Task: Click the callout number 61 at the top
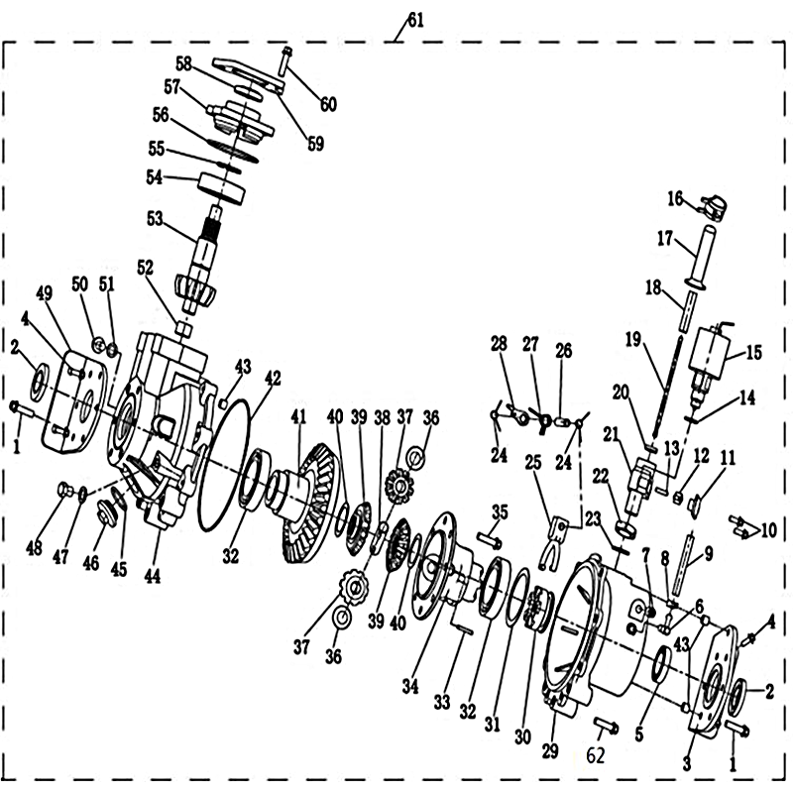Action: tap(415, 21)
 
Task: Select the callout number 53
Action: tap(156, 219)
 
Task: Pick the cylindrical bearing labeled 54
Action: tap(221, 187)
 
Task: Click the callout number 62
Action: tap(596, 756)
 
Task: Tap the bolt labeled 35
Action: tap(489, 539)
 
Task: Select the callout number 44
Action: tap(153, 575)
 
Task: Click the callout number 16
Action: tap(675, 198)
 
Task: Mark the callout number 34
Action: tap(410, 686)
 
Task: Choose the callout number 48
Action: tap(35, 548)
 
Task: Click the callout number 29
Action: tap(550, 751)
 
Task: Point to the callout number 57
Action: tap(171, 86)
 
